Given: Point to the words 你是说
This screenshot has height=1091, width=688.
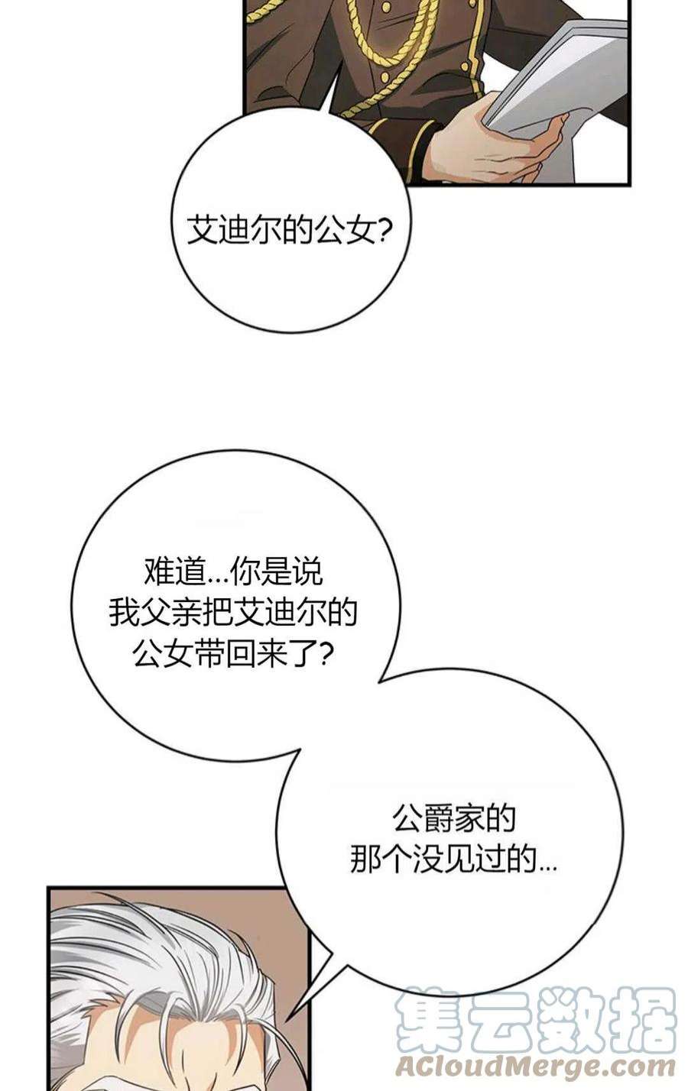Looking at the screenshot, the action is (x=276, y=571).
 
